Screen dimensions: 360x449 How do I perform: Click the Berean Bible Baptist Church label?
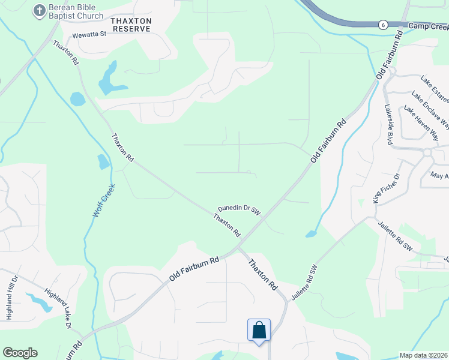point(76,12)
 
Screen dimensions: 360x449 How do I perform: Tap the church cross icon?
point(40,10)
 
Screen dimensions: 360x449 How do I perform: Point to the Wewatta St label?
point(89,34)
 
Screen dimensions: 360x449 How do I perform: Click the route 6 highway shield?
point(382,25)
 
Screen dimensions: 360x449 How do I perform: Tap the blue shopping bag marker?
point(259,331)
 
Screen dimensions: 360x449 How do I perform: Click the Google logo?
point(20,353)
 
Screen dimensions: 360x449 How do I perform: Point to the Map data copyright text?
point(423,355)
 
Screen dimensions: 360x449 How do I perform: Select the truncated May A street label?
point(439,176)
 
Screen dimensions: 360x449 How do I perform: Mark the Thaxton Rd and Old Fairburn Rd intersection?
point(238,245)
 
